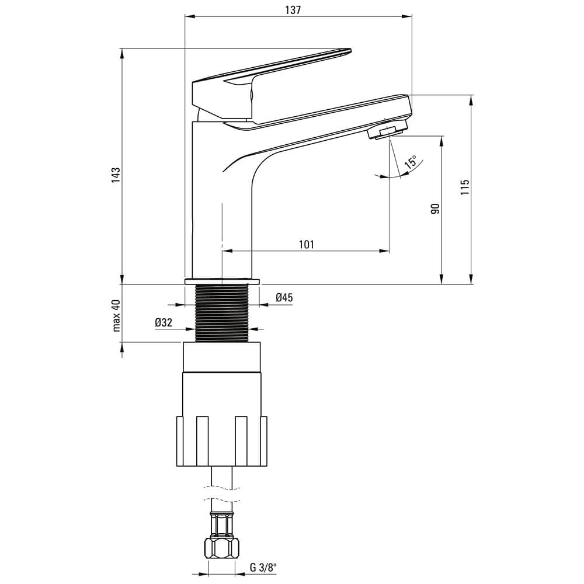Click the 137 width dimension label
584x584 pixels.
click(x=293, y=10)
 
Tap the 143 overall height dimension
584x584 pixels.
click(x=116, y=175)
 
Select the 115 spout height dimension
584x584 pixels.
click(x=464, y=187)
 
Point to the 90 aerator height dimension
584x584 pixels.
click(x=435, y=208)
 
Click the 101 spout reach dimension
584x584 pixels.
click(x=306, y=244)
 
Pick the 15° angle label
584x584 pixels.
click(x=411, y=163)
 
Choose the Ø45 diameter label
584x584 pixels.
click(x=284, y=297)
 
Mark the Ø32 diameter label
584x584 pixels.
click(x=164, y=322)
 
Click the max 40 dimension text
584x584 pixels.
click(x=116, y=315)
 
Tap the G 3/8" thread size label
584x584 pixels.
click(x=263, y=568)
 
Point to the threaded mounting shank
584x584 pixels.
click(x=222, y=313)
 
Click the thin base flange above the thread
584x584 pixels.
click(x=222, y=281)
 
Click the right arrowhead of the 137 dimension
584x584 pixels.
click(x=407, y=16)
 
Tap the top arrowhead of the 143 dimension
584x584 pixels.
click(x=122, y=53)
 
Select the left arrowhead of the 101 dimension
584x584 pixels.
click(x=227, y=251)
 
